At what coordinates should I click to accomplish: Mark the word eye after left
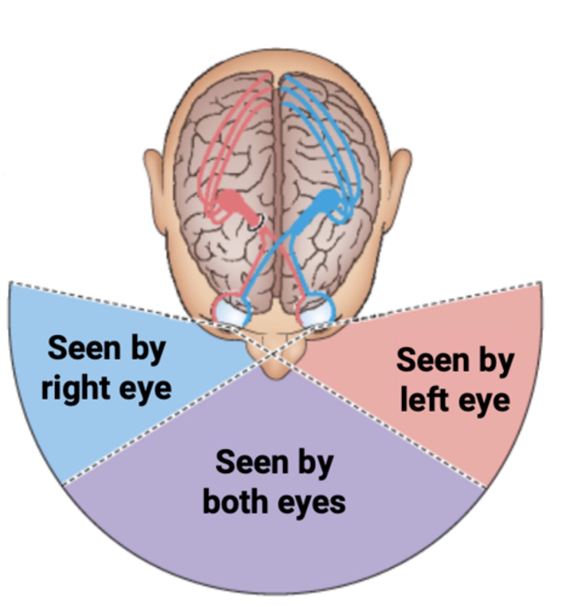point(484,400)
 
